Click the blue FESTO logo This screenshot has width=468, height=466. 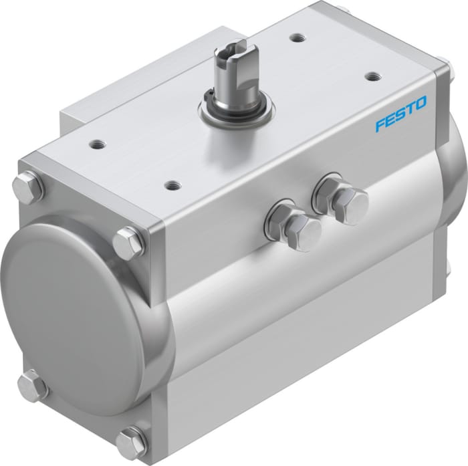400,114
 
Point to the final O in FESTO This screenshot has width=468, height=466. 421,104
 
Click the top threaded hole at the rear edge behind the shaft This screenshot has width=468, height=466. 295,38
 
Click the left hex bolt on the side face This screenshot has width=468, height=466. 294,223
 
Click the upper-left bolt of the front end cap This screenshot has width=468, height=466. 27,187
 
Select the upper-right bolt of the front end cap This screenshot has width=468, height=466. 128,243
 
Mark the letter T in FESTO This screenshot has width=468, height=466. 410,110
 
